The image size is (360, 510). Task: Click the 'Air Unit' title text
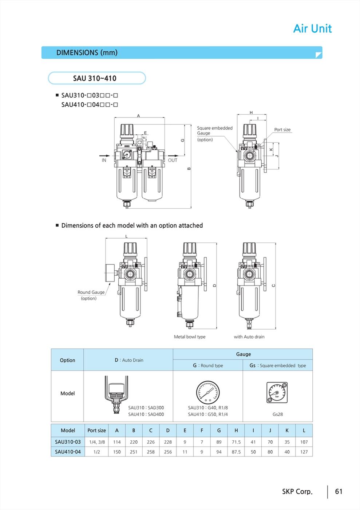312,28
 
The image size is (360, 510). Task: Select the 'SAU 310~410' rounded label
95,78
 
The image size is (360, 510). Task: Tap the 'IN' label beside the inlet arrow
104,160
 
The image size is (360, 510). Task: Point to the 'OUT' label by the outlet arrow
173,160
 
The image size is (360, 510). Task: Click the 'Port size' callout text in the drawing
282,130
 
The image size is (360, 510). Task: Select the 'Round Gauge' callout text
91,292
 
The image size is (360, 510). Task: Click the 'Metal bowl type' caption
189,337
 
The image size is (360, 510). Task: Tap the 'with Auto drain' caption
249,337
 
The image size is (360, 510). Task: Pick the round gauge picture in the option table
208,392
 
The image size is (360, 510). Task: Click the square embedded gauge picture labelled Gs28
277,392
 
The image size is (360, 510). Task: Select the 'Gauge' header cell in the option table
243,354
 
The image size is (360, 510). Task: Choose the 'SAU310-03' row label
68,442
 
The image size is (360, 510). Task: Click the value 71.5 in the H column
236,442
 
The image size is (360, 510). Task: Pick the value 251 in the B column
134,452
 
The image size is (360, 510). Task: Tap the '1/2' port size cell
96,452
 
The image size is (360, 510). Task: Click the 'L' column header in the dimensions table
304,430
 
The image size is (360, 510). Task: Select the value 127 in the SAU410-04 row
304,452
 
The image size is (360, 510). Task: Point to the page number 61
339,491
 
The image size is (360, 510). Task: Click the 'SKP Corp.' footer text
297,491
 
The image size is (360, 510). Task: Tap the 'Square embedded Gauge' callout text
214,130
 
